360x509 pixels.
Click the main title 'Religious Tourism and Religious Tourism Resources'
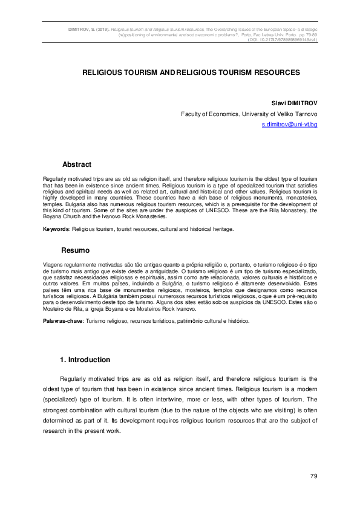pyautogui.click(x=191, y=72)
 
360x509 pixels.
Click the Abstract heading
pyautogui.click(x=77, y=164)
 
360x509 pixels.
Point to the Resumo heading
pyautogui.click(x=76, y=250)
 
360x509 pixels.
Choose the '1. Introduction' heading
pyautogui.click(x=85, y=360)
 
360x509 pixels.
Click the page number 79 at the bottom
pyautogui.click(x=313, y=477)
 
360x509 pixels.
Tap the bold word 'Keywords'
pyautogui.click(x=56, y=230)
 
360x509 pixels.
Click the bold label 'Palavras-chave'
pyautogui.click(x=63, y=321)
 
